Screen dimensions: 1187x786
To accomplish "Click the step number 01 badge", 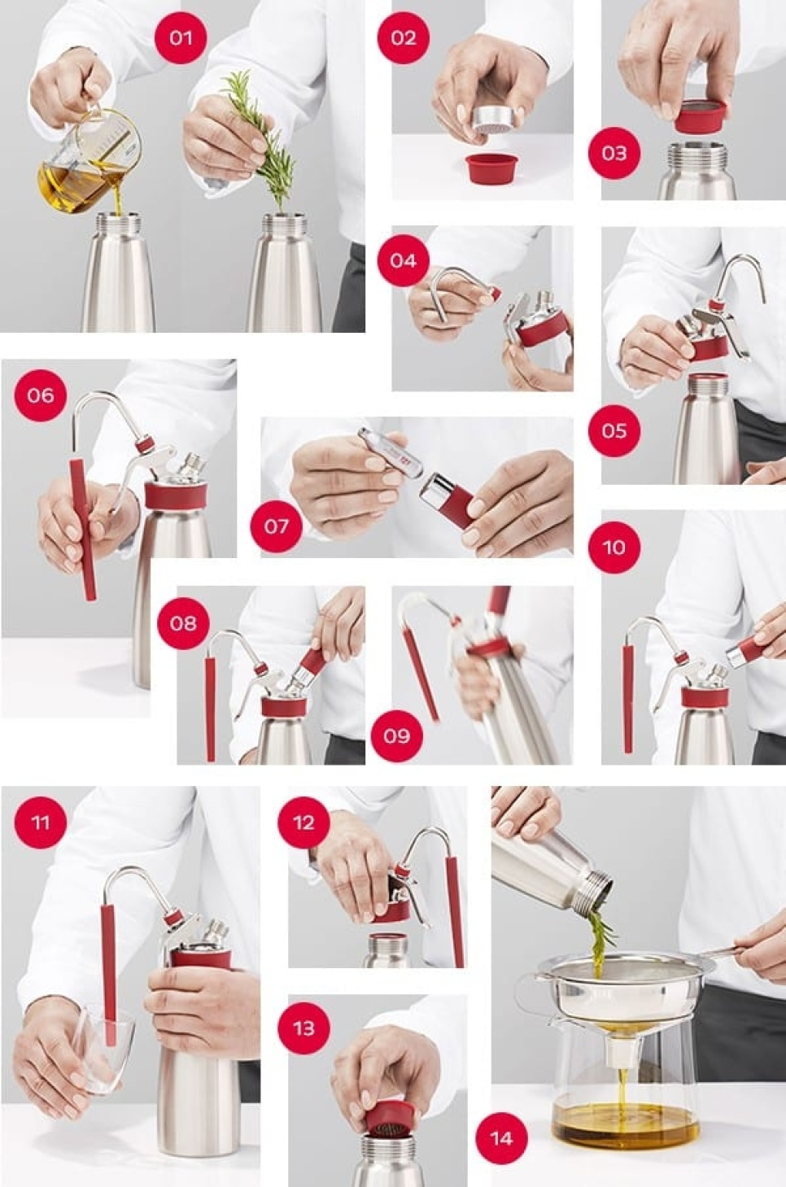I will [x=180, y=37].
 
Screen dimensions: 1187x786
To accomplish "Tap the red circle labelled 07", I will [x=276, y=526].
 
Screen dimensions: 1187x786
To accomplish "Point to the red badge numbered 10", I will [x=614, y=547].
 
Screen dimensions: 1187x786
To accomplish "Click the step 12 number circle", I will [x=303, y=822].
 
